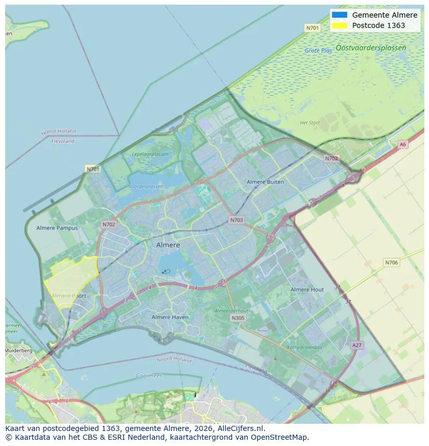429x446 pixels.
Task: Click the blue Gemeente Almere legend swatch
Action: [x=339, y=15]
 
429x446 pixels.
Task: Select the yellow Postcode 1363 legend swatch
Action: [x=339, y=25]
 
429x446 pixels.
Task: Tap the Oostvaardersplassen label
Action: [x=370, y=48]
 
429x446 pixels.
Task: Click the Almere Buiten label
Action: [x=265, y=182]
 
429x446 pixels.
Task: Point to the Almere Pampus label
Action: [x=57, y=228]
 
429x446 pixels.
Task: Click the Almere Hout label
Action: [x=307, y=290]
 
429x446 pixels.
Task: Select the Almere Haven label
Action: [x=170, y=317]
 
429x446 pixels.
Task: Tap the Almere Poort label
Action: [x=69, y=296]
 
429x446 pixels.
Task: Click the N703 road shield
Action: [x=236, y=220]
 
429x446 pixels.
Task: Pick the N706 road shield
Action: [x=391, y=263]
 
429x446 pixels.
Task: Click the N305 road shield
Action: [x=238, y=318]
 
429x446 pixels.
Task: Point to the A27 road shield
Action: [x=356, y=345]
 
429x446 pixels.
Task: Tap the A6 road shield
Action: [x=403, y=145]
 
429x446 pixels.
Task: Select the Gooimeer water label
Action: [x=149, y=376]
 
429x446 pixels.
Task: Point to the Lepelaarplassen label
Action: [x=150, y=154]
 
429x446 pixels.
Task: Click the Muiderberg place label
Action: [x=18, y=351]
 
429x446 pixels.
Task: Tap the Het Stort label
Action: [x=310, y=123]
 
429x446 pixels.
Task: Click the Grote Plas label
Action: [x=318, y=51]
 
